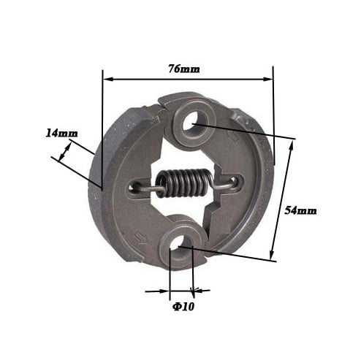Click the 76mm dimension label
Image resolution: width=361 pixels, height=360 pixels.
(x=184, y=69)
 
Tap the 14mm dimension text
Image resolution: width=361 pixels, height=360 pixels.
(x=62, y=134)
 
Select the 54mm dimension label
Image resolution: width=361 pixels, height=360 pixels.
(x=301, y=210)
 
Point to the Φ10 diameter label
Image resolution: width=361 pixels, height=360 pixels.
(x=183, y=307)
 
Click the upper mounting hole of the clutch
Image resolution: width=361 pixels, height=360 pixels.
(x=192, y=121)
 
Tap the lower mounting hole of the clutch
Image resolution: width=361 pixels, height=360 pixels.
(x=180, y=247)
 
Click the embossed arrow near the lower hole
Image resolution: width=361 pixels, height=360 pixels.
(x=141, y=237)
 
